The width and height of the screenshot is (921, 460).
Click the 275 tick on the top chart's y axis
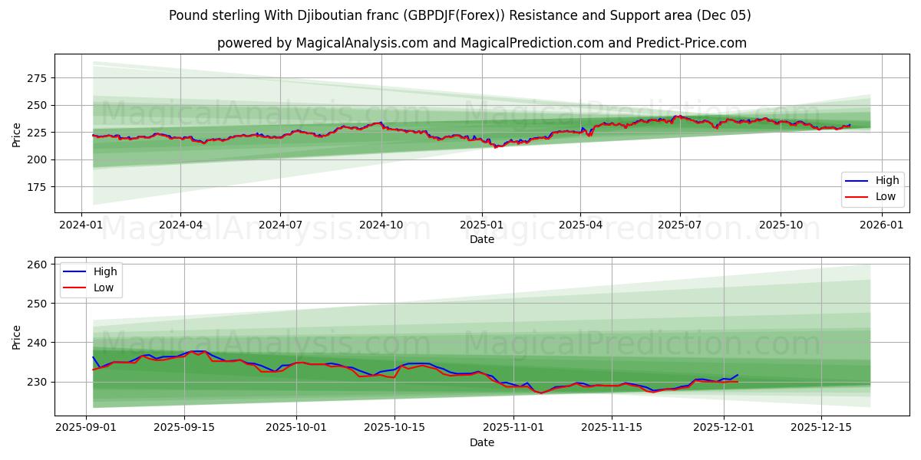[x=37, y=78]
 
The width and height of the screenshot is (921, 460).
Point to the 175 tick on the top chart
[x=37, y=187]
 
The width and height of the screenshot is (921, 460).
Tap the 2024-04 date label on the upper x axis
[x=180, y=225]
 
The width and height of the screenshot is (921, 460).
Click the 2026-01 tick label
[x=881, y=225]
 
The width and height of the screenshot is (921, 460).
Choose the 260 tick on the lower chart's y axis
[x=37, y=264]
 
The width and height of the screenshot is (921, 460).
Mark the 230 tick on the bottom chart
[x=37, y=382]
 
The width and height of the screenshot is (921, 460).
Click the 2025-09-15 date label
[x=184, y=428]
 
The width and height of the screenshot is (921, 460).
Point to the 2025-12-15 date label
[x=821, y=428]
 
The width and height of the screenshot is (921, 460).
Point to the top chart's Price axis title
[x=17, y=134]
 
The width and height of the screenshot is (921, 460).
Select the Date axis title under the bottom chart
[x=482, y=442]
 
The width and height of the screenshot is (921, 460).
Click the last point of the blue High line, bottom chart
[x=738, y=375]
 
